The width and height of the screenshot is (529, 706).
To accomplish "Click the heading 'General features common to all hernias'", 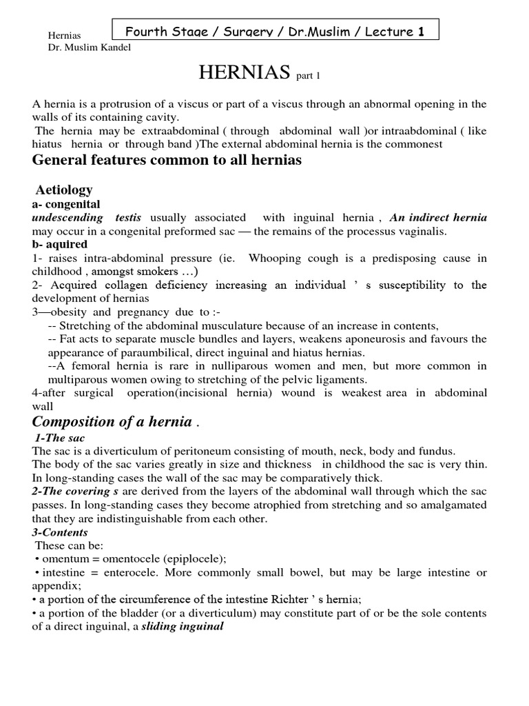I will click(x=167, y=160).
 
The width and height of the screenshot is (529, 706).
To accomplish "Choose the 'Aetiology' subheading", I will click(x=63, y=190).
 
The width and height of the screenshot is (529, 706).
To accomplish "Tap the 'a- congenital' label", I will click(x=66, y=204).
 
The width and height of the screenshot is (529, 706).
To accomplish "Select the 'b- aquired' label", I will click(x=60, y=244).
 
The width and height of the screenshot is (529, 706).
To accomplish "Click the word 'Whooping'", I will click(x=273, y=258).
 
